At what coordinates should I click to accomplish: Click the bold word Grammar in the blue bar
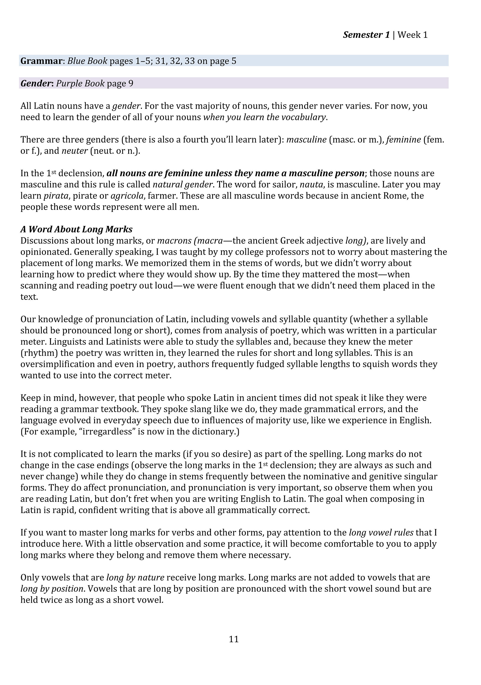pos(41,61)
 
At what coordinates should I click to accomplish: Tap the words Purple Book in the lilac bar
pos(80,83)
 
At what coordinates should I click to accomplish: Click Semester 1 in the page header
pos(366,35)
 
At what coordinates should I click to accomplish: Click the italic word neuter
pos(75,151)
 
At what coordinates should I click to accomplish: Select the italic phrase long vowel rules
pos(381,532)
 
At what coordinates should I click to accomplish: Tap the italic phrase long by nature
pos(135,578)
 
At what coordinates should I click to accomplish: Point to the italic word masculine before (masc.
pos(306,140)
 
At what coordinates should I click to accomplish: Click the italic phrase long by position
pos(52,589)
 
